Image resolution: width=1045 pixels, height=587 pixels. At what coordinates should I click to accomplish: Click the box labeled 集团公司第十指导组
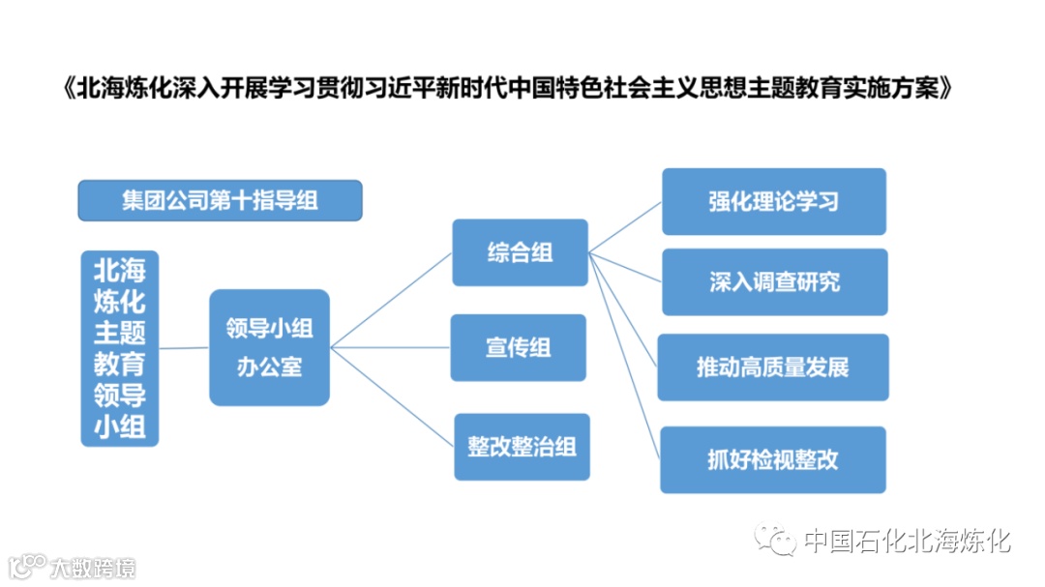[220, 200]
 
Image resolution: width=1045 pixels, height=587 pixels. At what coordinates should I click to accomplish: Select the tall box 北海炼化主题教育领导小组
[119, 347]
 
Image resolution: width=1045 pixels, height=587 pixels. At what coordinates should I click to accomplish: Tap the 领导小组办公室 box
[269, 347]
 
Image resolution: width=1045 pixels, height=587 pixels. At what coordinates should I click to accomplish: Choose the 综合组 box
[520, 252]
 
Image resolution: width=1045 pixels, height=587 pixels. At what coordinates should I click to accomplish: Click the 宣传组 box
[518, 347]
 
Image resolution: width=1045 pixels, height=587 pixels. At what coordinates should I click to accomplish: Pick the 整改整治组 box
[522, 446]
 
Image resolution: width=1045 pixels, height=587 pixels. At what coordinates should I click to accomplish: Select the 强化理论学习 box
[773, 201]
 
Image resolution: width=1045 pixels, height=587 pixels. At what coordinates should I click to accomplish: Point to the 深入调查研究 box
[774, 281]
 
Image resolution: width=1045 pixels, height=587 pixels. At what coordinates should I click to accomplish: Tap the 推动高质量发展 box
[772, 367]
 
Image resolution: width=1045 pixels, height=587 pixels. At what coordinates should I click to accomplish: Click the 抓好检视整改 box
[772, 459]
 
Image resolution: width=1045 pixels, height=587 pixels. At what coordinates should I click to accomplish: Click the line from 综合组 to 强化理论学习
[625, 227]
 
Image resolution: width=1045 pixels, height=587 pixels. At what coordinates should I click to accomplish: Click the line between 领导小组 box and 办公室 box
[184, 347]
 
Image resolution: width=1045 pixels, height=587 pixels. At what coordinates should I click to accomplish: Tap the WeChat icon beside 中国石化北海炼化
[776, 540]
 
